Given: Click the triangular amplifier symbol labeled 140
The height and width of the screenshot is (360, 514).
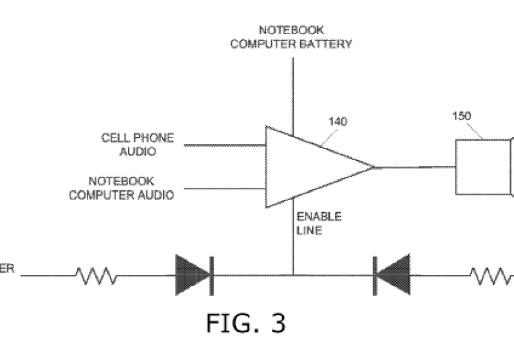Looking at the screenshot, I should point(308,167).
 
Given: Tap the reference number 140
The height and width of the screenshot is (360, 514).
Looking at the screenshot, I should point(338,122).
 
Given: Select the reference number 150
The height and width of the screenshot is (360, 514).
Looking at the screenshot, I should point(461,116).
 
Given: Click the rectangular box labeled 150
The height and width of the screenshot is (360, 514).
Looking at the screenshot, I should point(482,167).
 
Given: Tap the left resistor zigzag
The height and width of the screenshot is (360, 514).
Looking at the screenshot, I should point(96,276).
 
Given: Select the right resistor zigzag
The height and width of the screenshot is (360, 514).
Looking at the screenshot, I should point(492,276).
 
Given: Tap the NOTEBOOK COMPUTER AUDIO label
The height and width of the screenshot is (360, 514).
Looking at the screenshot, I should point(121,188).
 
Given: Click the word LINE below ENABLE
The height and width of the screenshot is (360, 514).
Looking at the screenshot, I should point(310,229).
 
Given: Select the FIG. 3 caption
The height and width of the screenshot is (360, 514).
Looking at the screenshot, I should point(245,323).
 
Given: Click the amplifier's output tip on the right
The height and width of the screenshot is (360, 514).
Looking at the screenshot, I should point(373,167).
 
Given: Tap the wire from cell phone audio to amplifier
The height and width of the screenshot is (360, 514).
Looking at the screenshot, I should point(225,145).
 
